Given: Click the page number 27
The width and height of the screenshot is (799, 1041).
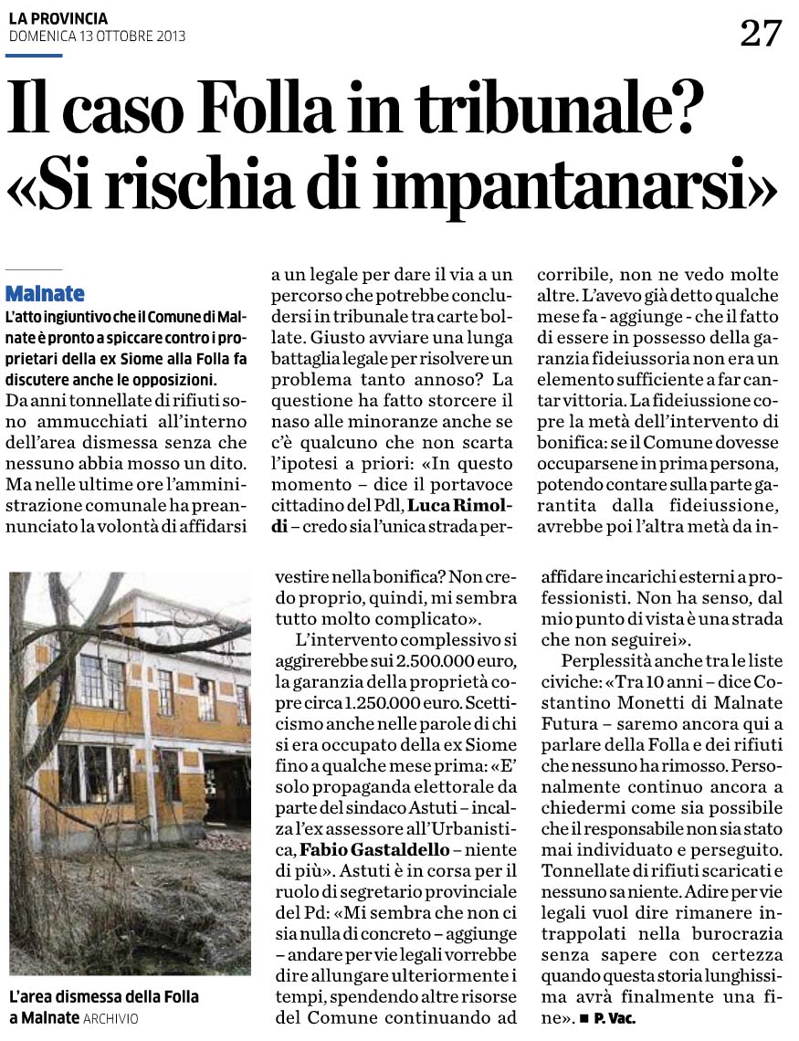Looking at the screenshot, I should click(760, 34).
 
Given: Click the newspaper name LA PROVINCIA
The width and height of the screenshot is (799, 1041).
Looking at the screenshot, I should click(58, 18).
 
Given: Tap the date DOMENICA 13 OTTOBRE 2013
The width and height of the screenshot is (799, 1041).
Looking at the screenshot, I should click(97, 37).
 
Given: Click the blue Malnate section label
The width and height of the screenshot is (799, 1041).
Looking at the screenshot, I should click(45, 294).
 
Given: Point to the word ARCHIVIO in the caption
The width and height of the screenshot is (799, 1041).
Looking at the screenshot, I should click(110, 1018).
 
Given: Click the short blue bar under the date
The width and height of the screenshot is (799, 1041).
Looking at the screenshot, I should click(35, 56).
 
